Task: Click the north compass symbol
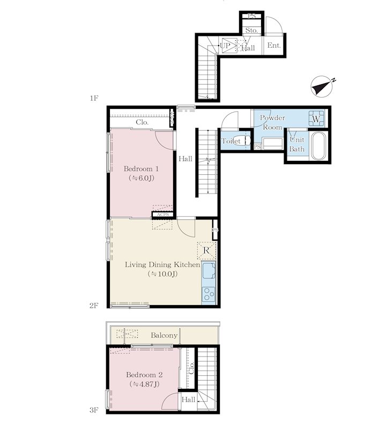click(x=322, y=87)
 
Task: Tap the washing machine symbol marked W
click(x=316, y=119)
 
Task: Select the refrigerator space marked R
click(x=206, y=250)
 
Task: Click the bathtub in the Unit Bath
click(x=318, y=146)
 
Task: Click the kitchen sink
click(x=209, y=270)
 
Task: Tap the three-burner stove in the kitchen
click(x=209, y=294)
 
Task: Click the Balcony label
click(x=164, y=336)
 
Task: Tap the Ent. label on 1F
click(x=274, y=46)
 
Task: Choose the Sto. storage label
click(x=251, y=30)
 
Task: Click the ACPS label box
click(x=163, y=215)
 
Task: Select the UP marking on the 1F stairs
click(x=225, y=46)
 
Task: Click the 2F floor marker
click(x=94, y=306)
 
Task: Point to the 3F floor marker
click(x=94, y=410)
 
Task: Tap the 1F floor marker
click(x=94, y=98)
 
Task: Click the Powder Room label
click(x=272, y=122)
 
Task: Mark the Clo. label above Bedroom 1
click(x=142, y=122)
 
